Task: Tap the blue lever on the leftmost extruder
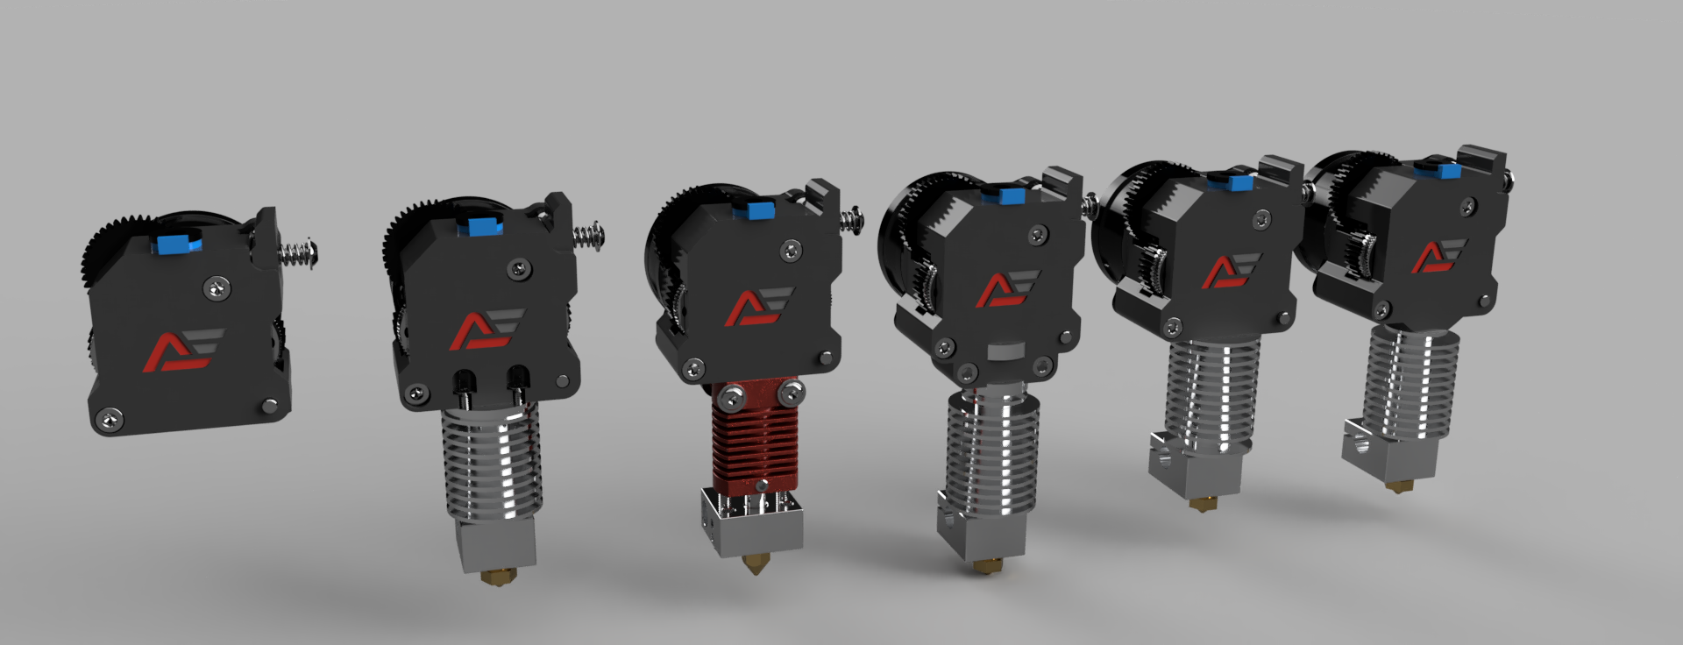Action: tap(175, 241)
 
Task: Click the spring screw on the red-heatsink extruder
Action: tap(851, 218)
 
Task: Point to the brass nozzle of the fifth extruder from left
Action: tap(1196, 505)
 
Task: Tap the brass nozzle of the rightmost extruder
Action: tap(1391, 485)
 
